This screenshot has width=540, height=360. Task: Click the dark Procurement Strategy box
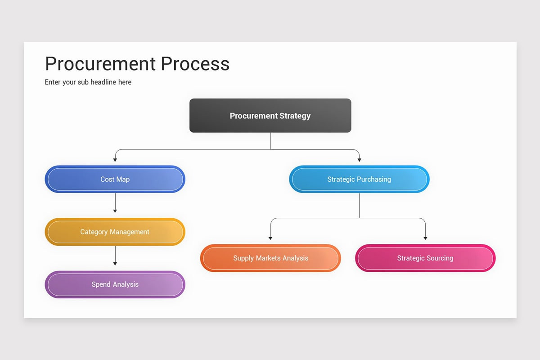coord(270,116)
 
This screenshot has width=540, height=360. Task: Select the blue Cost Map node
coord(115,179)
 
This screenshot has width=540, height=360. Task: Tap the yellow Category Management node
coord(115,232)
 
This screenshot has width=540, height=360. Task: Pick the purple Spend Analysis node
coord(115,284)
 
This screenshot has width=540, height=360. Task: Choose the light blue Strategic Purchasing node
coord(359,179)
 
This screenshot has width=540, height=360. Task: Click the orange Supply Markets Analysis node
coord(270,258)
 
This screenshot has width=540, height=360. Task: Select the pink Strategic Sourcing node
coord(425,258)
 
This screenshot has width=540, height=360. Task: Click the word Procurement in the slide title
coord(100,64)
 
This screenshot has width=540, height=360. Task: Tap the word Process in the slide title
coord(195,64)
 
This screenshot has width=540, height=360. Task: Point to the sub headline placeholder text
coord(88,82)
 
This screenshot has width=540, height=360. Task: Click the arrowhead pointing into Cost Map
coord(115,159)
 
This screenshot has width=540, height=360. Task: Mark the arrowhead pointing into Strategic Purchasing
coord(359,159)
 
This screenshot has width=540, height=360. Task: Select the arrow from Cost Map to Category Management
coord(115,202)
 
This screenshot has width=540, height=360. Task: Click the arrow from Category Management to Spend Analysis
coord(115,255)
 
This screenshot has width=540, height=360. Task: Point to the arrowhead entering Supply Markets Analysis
coord(270,238)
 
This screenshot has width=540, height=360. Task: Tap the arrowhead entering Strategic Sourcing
coord(425,238)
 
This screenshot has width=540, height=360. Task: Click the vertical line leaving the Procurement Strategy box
coord(270,141)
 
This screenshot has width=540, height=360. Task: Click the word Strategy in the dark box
coord(295,116)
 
